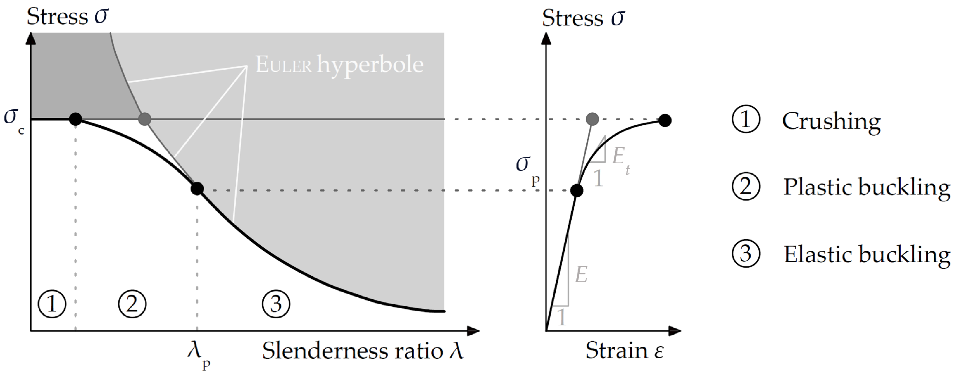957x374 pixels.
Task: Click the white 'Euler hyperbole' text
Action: click(x=339, y=65)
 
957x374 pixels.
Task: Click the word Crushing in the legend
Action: click(x=831, y=121)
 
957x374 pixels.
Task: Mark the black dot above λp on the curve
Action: click(x=197, y=189)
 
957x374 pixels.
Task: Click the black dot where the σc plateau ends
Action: click(x=75, y=119)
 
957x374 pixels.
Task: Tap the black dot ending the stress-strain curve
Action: click(x=665, y=120)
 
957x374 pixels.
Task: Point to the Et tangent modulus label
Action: click(x=620, y=158)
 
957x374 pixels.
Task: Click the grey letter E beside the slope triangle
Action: click(x=581, y=275)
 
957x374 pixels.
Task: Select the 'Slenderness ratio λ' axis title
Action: click(x=363, y=351)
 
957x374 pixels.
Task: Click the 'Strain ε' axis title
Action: click(x=624, y=350)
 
